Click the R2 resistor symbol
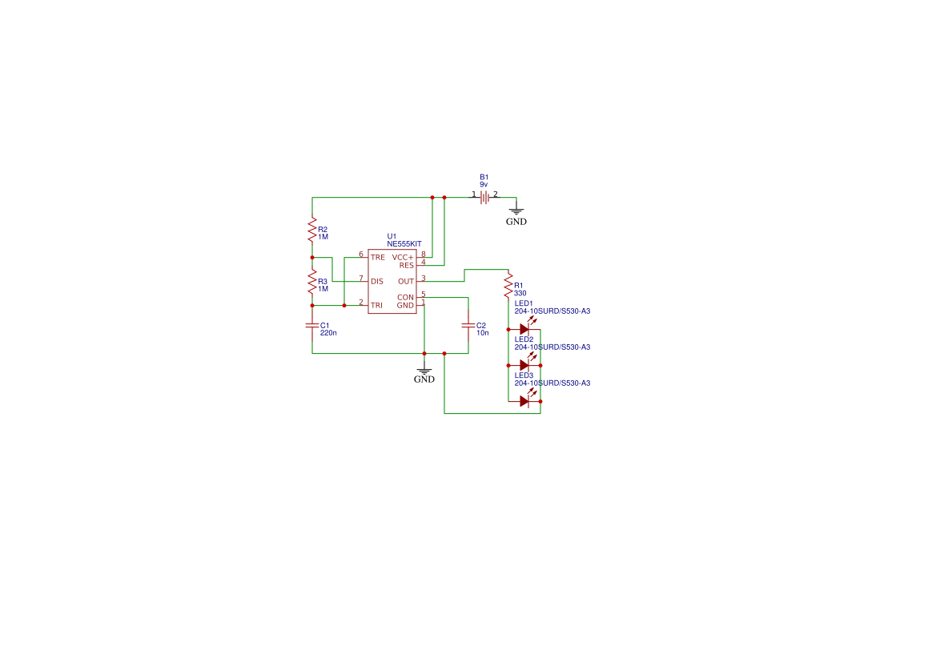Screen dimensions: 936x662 point(312,230)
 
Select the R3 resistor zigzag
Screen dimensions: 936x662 point(312,282)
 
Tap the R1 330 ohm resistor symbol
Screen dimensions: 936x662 point(508,285)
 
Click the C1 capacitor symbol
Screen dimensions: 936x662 point(312,325)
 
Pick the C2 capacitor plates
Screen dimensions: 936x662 point(468,325)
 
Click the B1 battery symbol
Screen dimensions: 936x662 point(484,198)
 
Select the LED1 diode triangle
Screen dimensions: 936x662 point(525,329)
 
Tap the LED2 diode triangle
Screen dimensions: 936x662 point(525,365)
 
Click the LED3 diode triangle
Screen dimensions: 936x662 point(525,401)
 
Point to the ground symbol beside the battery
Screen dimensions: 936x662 point(516,211)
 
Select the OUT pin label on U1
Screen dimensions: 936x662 point(406,281)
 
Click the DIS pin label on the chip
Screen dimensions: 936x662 point(377,281)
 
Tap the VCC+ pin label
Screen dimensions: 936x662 point(403,257)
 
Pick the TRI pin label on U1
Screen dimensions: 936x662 point(376,305)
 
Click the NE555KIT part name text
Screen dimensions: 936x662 point(404,243)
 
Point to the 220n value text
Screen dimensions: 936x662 point(328,332)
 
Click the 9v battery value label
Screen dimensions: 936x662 point(484,184)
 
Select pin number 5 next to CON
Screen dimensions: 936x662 point(424,294)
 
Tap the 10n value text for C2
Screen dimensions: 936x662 point(482,332)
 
